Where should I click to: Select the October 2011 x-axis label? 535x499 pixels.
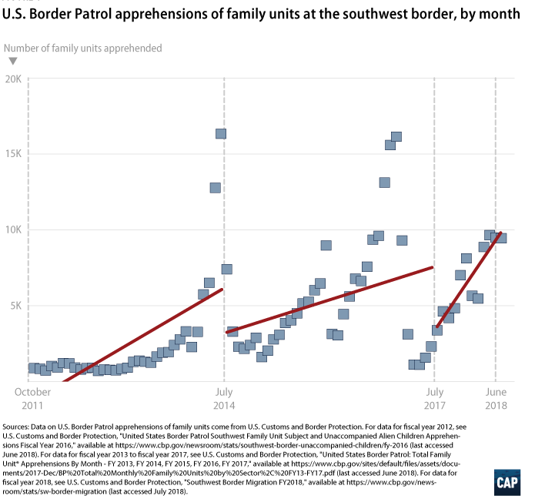coord(32,398)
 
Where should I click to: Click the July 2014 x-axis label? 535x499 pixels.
coord(223,398)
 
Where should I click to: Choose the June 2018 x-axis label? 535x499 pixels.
coord(495,398)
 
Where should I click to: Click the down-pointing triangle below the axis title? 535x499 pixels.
coord(12,61)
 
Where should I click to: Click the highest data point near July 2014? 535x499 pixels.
coord(220,133)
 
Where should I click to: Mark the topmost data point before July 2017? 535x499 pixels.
coord(396,137)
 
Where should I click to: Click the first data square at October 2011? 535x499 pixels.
coord(34,368)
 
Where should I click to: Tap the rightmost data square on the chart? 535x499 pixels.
coord(501,238)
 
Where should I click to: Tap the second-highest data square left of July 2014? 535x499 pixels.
coord(215,187)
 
